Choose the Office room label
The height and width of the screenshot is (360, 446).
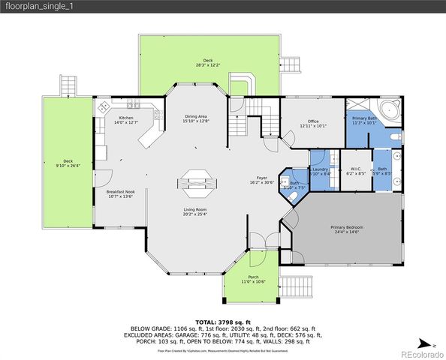[313, 123]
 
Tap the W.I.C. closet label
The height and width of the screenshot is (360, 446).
[356, 171]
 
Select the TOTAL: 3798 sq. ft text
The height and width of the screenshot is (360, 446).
[222, 321]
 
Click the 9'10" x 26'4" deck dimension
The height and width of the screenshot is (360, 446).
[68, 166]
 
